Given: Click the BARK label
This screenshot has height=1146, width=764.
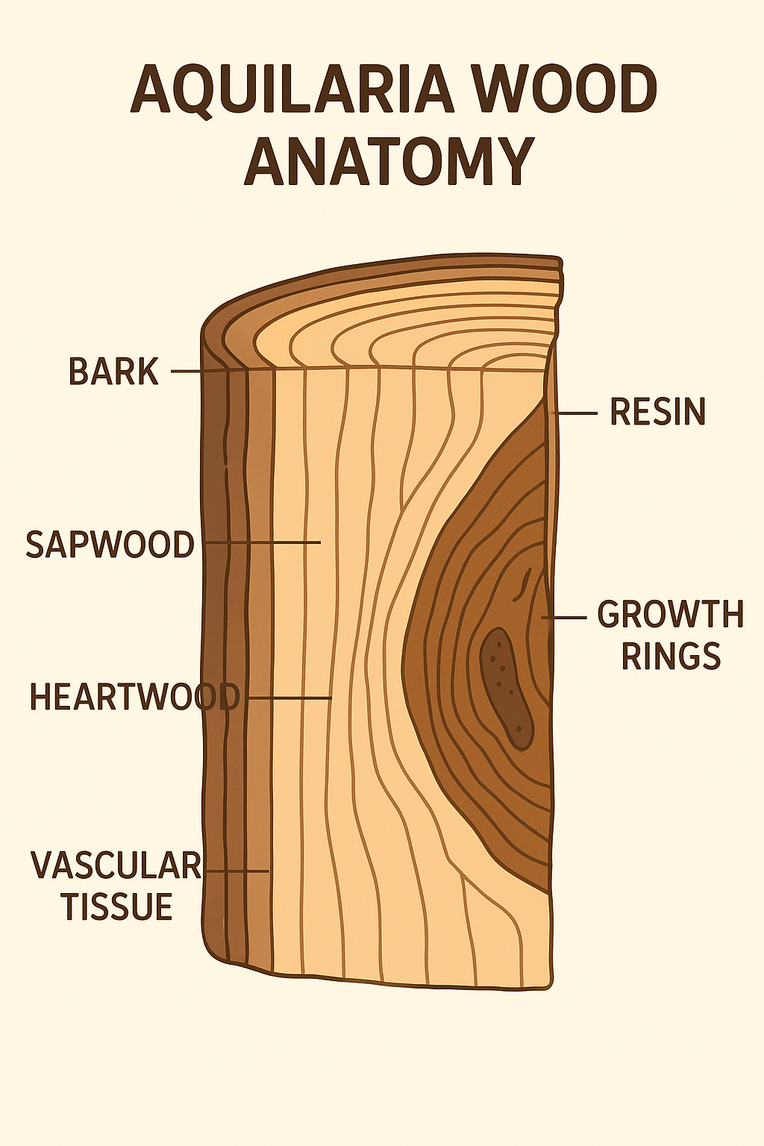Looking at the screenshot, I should point(113,372).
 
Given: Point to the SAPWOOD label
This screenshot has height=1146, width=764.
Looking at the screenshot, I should point(110,545).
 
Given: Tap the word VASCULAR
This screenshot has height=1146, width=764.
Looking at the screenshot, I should point(116,865).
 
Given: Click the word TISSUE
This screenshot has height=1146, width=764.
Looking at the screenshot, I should point(117,907).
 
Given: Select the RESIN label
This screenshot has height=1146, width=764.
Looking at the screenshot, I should point(657,413).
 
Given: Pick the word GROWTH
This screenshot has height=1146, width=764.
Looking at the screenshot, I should point(670,615).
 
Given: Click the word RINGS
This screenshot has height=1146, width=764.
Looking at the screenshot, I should point(671,657).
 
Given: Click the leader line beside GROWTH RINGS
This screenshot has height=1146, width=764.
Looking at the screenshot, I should point(564,618).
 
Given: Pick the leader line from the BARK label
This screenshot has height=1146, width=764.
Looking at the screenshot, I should point(187,371).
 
